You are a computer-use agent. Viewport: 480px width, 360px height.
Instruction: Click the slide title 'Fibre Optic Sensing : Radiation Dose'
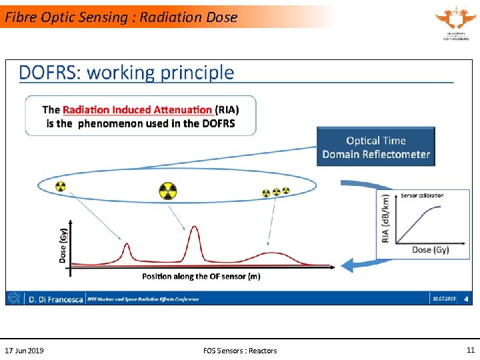(121, 17)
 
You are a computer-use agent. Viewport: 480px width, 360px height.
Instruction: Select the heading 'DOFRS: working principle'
(127, 73)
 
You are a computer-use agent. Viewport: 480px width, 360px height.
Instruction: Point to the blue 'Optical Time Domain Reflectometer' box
(376, 147)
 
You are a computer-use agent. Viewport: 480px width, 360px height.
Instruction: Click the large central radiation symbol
(168, 191)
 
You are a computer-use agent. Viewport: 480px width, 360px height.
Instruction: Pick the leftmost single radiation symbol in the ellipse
(61, 187)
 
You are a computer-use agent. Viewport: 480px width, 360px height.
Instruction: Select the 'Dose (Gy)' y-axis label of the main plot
(63, 244)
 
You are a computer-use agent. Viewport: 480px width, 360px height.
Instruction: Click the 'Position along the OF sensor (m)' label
(201, 276)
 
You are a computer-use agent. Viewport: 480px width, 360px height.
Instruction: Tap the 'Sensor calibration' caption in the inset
(422, 195)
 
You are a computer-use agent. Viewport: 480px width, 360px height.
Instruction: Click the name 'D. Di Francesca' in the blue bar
(55, 299)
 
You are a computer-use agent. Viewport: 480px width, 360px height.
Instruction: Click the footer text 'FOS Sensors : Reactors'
(240, 351)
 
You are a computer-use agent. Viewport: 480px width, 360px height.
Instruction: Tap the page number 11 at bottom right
(471, 350)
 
